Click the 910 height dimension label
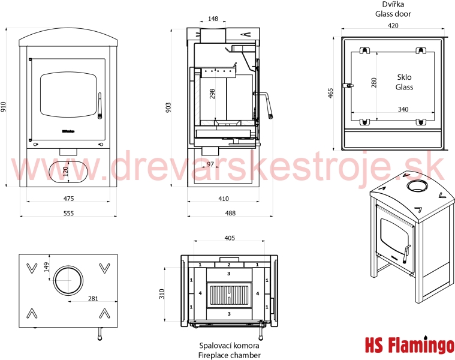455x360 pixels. [x=3, y=107]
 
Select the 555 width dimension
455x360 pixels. [x=68, y=214]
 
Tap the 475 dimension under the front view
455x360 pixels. [x=68, y=199]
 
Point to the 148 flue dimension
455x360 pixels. [x=213, y=19]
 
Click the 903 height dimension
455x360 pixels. [x=168, y=107]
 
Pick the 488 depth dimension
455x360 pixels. [x=230, y=213]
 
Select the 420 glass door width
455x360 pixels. [x=393, y=26]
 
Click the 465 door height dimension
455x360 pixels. [x=330, y=93]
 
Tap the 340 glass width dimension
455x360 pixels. [x=403, y=109]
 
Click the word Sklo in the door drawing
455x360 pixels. [x=404, y=77]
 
